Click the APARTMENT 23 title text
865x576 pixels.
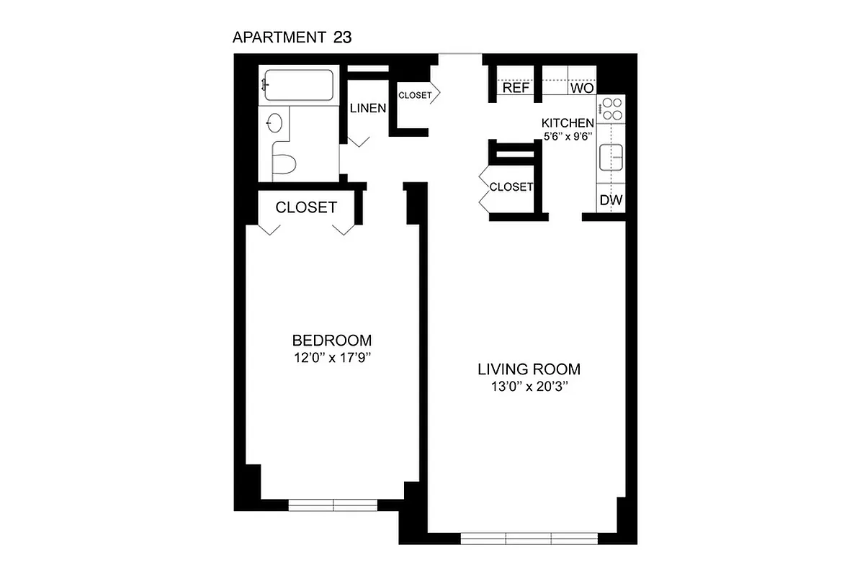click(292, 38)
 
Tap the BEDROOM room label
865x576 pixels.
click(331, 341)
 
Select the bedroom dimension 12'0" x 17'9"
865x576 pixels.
click(331, 357)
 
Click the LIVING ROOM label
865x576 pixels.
click(529, 369)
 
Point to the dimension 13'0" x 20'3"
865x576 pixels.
click(529, 387)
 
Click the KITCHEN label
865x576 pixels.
click(568, 123)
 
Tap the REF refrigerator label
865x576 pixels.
click(516, 88)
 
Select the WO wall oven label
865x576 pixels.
click(581, 89)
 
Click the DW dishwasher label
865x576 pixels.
click(611, 201)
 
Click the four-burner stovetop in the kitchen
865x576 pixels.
click(612, 109)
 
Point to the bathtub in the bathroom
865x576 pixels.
click(298, 85)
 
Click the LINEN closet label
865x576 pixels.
click(368, 109)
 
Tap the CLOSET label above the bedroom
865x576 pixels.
click(306, 207)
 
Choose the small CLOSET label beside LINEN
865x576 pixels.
click(415, 95)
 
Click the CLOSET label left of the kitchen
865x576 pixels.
click(511, 187)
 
